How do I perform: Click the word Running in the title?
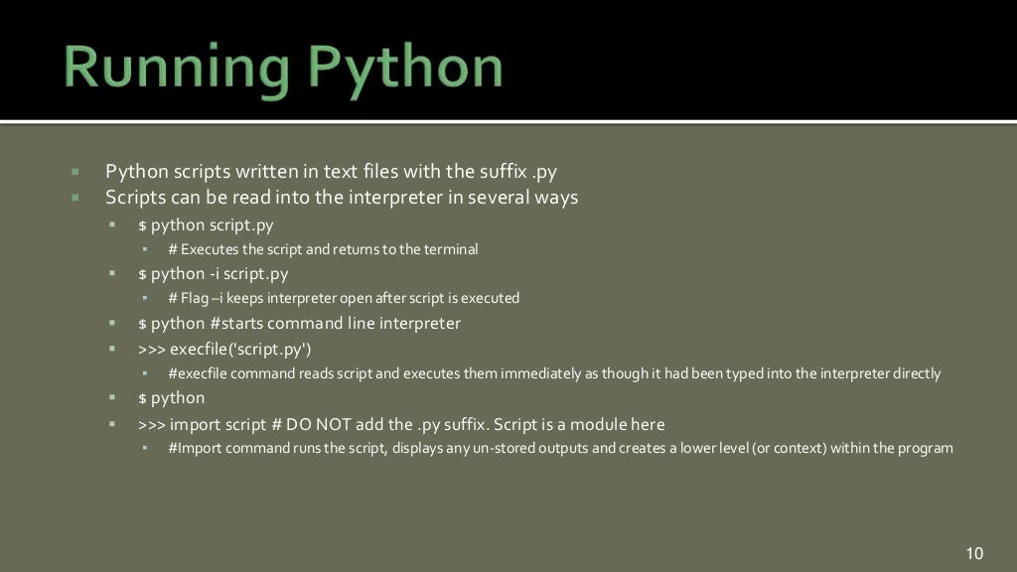165,67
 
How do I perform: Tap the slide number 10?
973,553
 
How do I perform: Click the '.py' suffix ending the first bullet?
544,172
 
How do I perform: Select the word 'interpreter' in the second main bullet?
392,197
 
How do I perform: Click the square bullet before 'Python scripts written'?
74,172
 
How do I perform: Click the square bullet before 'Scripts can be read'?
74,197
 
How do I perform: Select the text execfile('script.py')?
241,350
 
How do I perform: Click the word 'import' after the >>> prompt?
197,425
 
